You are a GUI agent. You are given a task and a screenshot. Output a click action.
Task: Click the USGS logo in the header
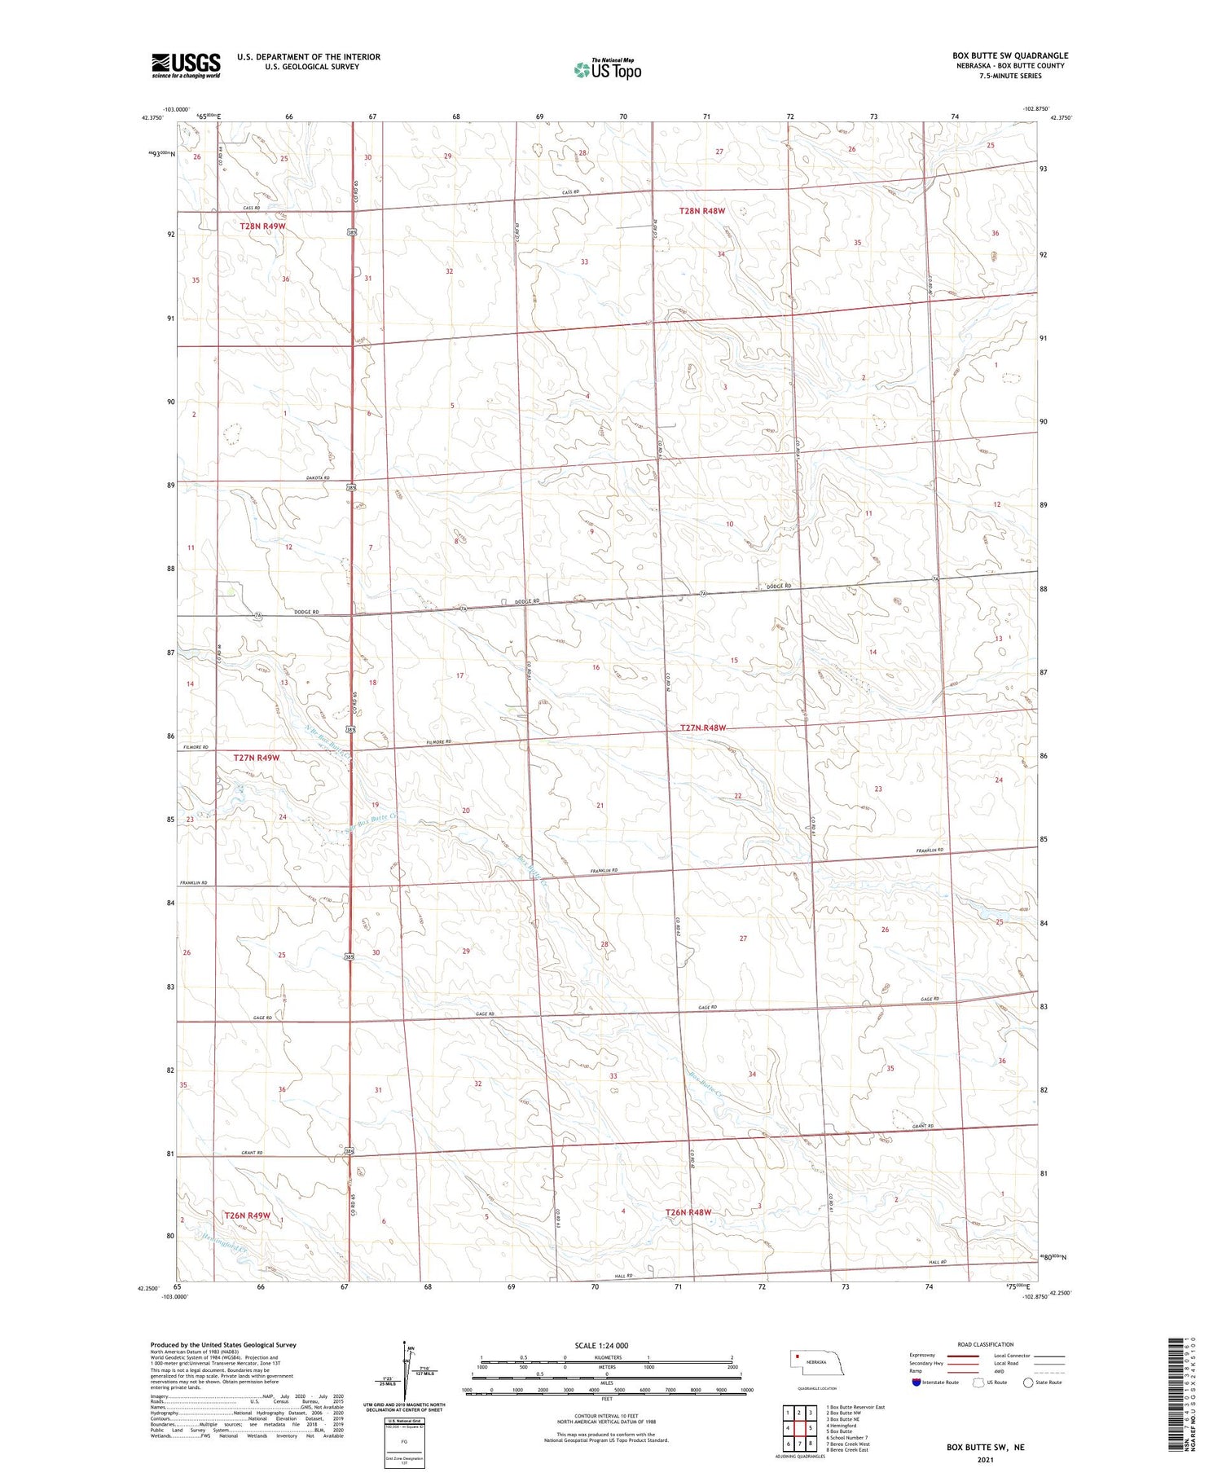coord(186,65)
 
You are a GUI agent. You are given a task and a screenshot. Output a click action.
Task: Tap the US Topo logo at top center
coord(607,70)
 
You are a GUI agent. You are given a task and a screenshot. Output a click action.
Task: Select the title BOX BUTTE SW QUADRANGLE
coord(1009,55)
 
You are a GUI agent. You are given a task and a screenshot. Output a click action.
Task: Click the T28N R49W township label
coord(262,226)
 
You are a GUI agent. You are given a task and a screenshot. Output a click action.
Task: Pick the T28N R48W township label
coord(701,211)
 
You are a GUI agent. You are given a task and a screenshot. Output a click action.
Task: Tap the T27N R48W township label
coord(702,728)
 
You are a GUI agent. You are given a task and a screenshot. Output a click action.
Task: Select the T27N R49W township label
coord(256,758)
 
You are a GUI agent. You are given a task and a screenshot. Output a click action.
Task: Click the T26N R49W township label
coord(247,1215)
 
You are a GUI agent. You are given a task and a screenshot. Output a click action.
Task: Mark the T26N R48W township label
coord(688,1212)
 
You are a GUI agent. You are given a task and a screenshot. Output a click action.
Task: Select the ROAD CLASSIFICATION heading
coord(986,1344)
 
